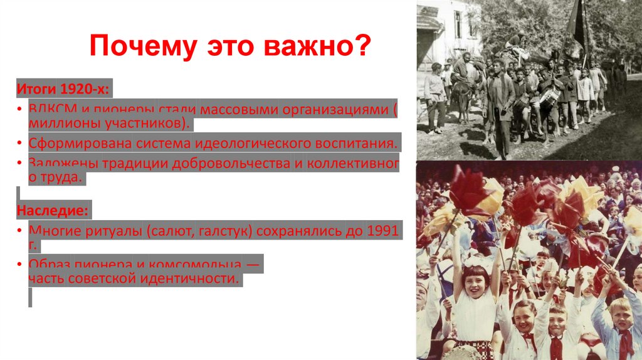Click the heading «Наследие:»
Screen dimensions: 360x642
53,208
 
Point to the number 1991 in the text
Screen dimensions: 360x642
382,231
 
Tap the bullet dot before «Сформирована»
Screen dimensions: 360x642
20,142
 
